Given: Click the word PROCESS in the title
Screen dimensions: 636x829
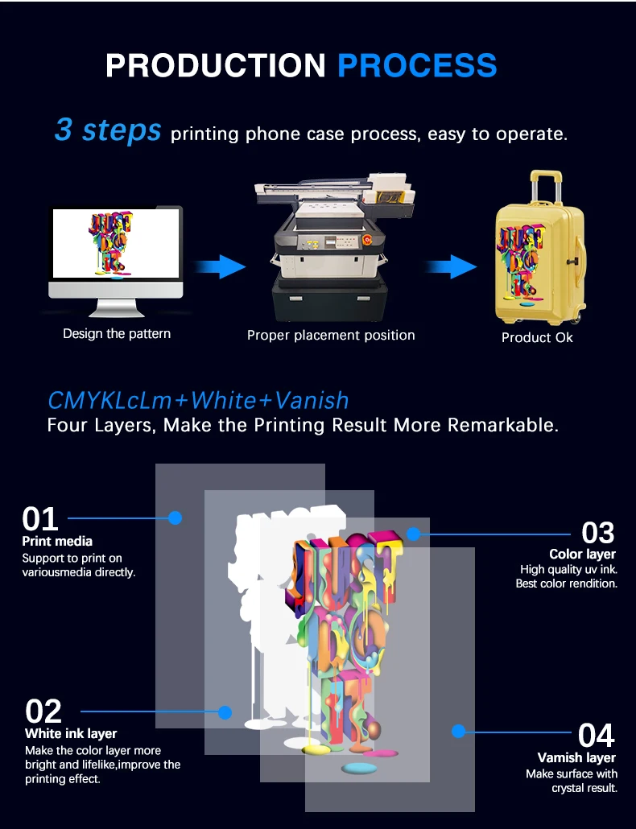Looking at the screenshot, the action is [x=417, y=65].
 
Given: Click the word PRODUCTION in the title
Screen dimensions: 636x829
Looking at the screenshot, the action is [x=217, y=65].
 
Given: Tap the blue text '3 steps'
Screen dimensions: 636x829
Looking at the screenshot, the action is [x=108, y=130].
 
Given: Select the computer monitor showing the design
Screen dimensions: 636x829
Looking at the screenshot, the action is [x=116, y=250].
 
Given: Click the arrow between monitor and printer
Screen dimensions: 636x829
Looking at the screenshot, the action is [x=221, y=266].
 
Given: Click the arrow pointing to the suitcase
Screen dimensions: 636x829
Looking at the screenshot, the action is [x=452, y=266].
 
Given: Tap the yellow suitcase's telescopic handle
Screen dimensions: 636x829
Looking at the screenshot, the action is [x=545, y=184].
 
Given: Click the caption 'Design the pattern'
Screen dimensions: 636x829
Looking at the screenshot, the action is [x=117, y=333].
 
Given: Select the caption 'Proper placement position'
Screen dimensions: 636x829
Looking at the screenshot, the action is [x=331, y=335].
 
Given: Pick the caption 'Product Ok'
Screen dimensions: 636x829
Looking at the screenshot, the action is [x=537, y=337].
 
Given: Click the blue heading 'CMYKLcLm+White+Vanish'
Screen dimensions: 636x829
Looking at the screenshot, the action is [x=198, y=400].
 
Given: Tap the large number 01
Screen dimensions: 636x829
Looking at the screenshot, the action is [x=40, y=519].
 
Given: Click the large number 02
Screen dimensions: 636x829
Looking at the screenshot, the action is [x=43, y=711].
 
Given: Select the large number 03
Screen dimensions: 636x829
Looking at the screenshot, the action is [x=597, y=533].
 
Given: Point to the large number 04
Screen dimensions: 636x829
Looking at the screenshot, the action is [x=597, y=736].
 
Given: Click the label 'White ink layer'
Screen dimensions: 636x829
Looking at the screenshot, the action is [x=71, y=733].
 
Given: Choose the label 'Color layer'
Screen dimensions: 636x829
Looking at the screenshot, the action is [x=582, y=554].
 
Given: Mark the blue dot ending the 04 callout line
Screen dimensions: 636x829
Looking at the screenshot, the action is [x=458, y=731].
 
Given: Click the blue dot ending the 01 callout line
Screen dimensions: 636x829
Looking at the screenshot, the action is [x=175, y=518].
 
